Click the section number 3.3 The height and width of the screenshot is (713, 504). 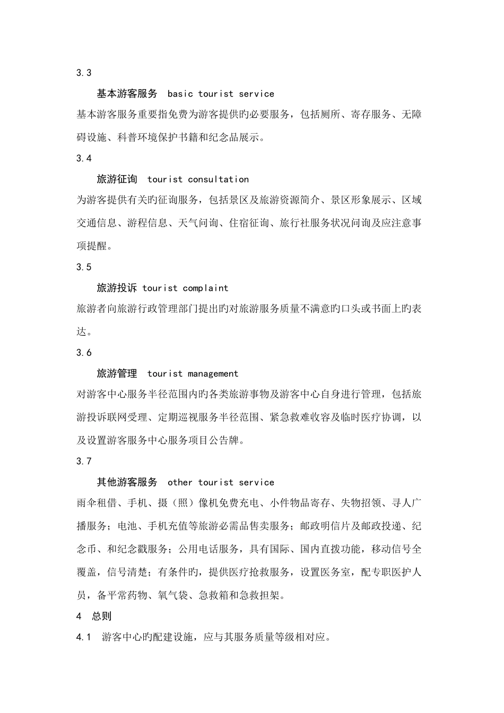coord(84,73)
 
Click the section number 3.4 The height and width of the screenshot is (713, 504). coord(84,158)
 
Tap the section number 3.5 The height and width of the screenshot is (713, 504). coord(84,267)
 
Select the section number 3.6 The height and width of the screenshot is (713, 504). coord(84,352)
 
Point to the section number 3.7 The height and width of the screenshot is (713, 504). coord(84,461)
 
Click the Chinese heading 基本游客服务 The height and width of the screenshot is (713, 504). coord(127,94)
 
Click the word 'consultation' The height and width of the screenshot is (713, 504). coord(218,179)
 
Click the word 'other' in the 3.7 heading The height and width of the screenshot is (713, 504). coord(180,482)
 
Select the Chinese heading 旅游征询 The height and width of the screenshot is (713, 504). coord(117,179)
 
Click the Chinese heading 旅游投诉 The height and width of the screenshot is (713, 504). coord(117,288)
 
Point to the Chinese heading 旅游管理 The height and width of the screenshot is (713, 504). coord(117,373)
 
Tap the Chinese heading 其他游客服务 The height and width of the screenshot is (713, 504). coord(127,482)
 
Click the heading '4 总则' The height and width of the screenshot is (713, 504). coord(94,616)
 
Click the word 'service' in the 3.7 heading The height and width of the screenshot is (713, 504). coord(256,482)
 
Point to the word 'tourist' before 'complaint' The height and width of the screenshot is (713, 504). coord(160,288)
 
